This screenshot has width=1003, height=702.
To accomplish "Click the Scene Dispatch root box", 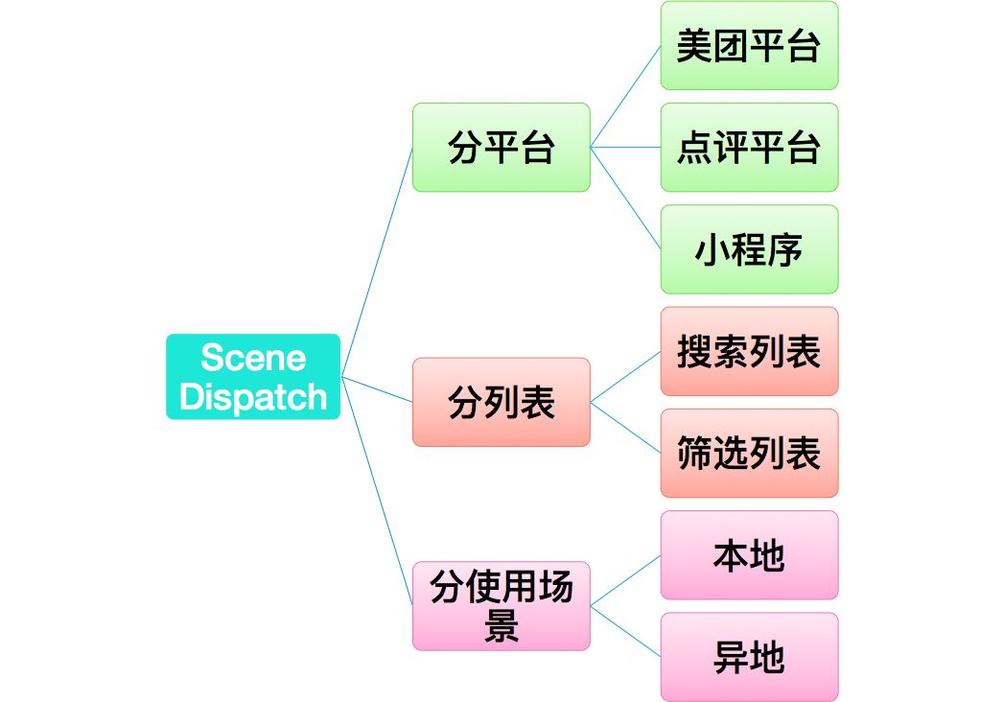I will (253, 377).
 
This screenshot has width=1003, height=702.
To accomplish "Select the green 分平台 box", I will (501, 148).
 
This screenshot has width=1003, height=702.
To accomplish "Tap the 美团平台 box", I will (749, 46).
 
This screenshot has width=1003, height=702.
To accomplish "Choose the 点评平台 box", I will (749, 148).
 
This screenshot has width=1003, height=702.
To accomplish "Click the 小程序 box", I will (749, 249).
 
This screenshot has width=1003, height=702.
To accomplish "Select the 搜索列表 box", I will (749, 352).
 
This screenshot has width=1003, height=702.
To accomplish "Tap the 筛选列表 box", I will (749, 454).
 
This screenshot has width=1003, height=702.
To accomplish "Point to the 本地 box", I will (749, 555).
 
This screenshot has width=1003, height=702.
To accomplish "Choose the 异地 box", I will (749, 657).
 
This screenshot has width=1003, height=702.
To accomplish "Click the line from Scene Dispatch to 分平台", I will (377, 262).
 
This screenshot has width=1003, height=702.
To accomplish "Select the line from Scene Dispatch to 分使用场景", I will (377, 491).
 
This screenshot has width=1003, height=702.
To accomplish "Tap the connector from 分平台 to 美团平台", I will (625, 97).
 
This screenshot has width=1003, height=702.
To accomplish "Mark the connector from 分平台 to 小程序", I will (625, 199).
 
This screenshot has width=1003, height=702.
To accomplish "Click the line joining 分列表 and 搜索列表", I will (625, 377).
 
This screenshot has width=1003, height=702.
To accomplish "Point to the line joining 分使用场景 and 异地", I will (625, 631).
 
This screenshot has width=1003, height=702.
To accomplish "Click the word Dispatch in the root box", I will (253, 397).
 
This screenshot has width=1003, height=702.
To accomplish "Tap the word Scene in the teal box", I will (253, 359).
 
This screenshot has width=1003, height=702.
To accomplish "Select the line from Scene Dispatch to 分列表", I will (377, 389).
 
